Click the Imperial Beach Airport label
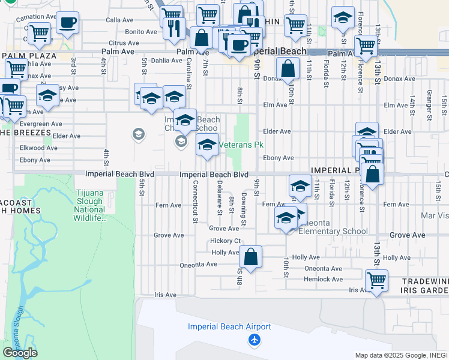[229, 327]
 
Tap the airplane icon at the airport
[255, 341]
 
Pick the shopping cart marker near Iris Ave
[376, 280]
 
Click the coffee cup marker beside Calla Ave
[67, 23]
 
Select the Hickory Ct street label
[226, 241]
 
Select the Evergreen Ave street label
[40, 124]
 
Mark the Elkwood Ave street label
[38, 148]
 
